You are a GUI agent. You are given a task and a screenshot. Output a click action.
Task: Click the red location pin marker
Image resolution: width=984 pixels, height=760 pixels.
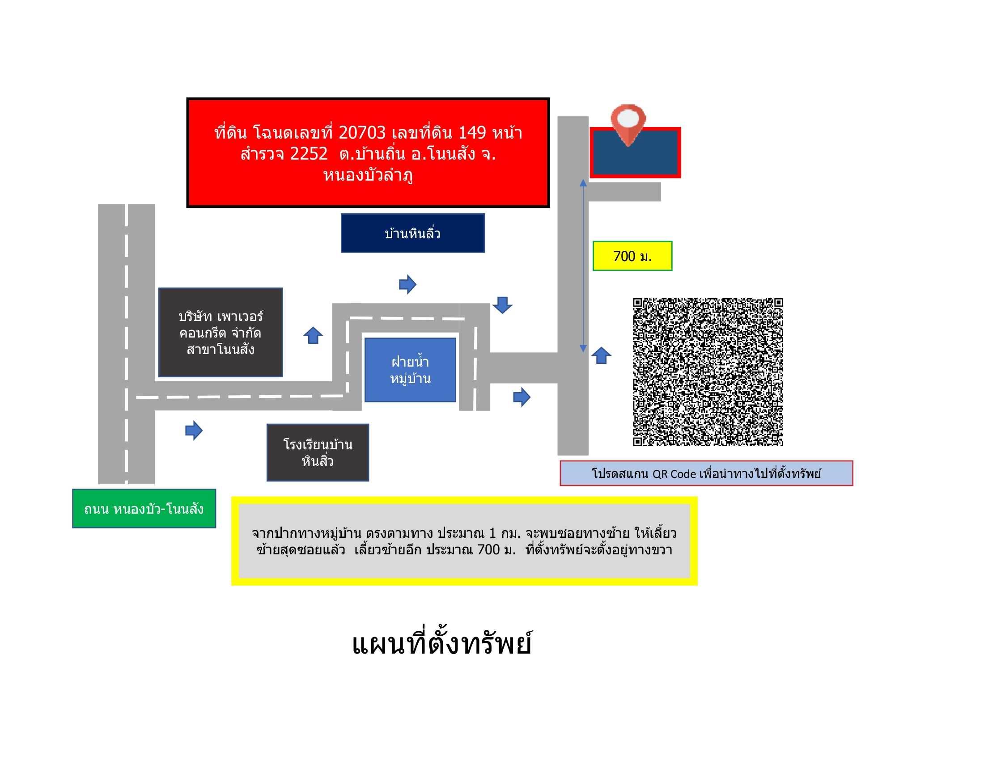click(628, 124)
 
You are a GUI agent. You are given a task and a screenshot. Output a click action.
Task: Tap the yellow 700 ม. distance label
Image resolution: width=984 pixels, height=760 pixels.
click(632, 256)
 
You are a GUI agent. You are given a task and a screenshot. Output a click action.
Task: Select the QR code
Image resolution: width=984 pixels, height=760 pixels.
click(708, 372)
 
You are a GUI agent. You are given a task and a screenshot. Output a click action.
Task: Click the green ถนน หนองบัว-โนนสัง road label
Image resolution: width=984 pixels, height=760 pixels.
click(144, 508)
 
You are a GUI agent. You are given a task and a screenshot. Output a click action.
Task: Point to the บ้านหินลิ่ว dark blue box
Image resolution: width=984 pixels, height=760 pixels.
click(413, 233)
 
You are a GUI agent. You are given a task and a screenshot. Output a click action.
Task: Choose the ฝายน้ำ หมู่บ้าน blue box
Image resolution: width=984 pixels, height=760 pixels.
click(410, 370)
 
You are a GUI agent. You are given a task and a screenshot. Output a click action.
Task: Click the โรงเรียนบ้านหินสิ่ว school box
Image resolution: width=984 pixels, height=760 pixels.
click(318, 452)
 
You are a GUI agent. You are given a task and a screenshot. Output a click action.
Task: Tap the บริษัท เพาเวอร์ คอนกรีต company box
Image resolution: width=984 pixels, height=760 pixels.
click(221, 332)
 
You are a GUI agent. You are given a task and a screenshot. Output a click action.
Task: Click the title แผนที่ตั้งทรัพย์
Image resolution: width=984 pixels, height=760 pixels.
click(441, 644)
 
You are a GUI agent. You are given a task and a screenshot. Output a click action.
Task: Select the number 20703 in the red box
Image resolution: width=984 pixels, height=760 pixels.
click(362, 132)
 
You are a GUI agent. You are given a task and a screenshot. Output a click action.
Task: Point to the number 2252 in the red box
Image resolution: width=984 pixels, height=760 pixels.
click(309, 154)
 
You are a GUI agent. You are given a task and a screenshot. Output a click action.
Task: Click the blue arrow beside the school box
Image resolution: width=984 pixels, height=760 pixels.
click(194, 431)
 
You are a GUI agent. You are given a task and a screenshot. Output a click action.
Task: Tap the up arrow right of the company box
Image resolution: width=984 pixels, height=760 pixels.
click(313, 335)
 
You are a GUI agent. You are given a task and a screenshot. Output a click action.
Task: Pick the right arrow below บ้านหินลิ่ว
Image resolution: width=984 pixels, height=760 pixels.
click(408, 284)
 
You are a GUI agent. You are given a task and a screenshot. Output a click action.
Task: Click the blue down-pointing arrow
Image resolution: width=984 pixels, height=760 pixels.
click(502, 305)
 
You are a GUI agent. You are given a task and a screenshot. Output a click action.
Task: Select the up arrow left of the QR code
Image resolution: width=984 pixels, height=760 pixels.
click(601, 355)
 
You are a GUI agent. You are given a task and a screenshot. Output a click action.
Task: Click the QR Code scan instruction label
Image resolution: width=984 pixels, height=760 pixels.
click(706, 473)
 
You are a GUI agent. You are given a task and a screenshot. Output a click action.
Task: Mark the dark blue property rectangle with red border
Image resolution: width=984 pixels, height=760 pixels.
click(635, 152)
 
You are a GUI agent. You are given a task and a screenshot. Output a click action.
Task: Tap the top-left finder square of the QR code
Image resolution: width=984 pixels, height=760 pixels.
click(637, 303)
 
